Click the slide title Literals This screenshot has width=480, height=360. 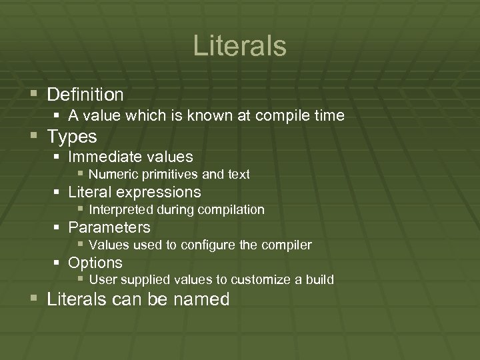240,46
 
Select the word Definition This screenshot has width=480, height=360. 85,95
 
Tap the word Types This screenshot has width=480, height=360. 72,137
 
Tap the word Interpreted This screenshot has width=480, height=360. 121,210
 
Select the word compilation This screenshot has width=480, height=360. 230,210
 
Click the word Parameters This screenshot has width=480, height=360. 109,227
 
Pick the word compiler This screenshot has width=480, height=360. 287,245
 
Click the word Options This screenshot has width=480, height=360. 95,263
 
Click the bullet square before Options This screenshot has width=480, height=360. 58,263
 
